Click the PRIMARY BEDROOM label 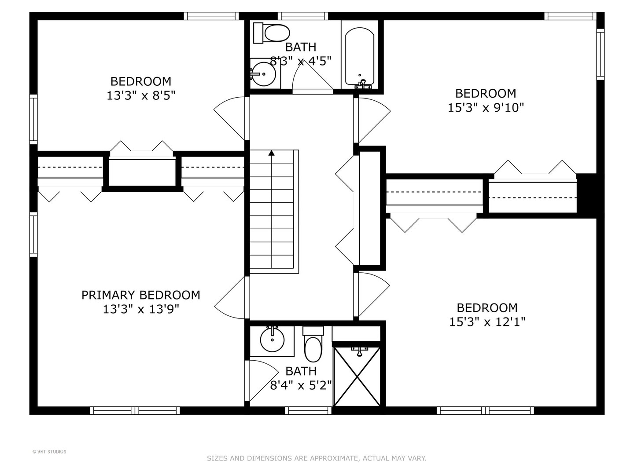pos(140,295)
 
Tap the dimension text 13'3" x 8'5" pos(141,95)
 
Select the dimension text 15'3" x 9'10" pos(486,108)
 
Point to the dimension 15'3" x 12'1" pos(487,322)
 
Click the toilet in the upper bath pos(272,33)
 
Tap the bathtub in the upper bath pos(360,57)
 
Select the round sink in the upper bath pos(263,74)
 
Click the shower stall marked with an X pos(357,376)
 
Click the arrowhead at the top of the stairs pos(271,153)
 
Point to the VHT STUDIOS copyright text pos(49,452)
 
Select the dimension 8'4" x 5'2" pos(301,385)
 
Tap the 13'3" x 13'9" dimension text pos(141,310)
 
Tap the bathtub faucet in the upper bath pos(363,84)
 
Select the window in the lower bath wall pos(308,410)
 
